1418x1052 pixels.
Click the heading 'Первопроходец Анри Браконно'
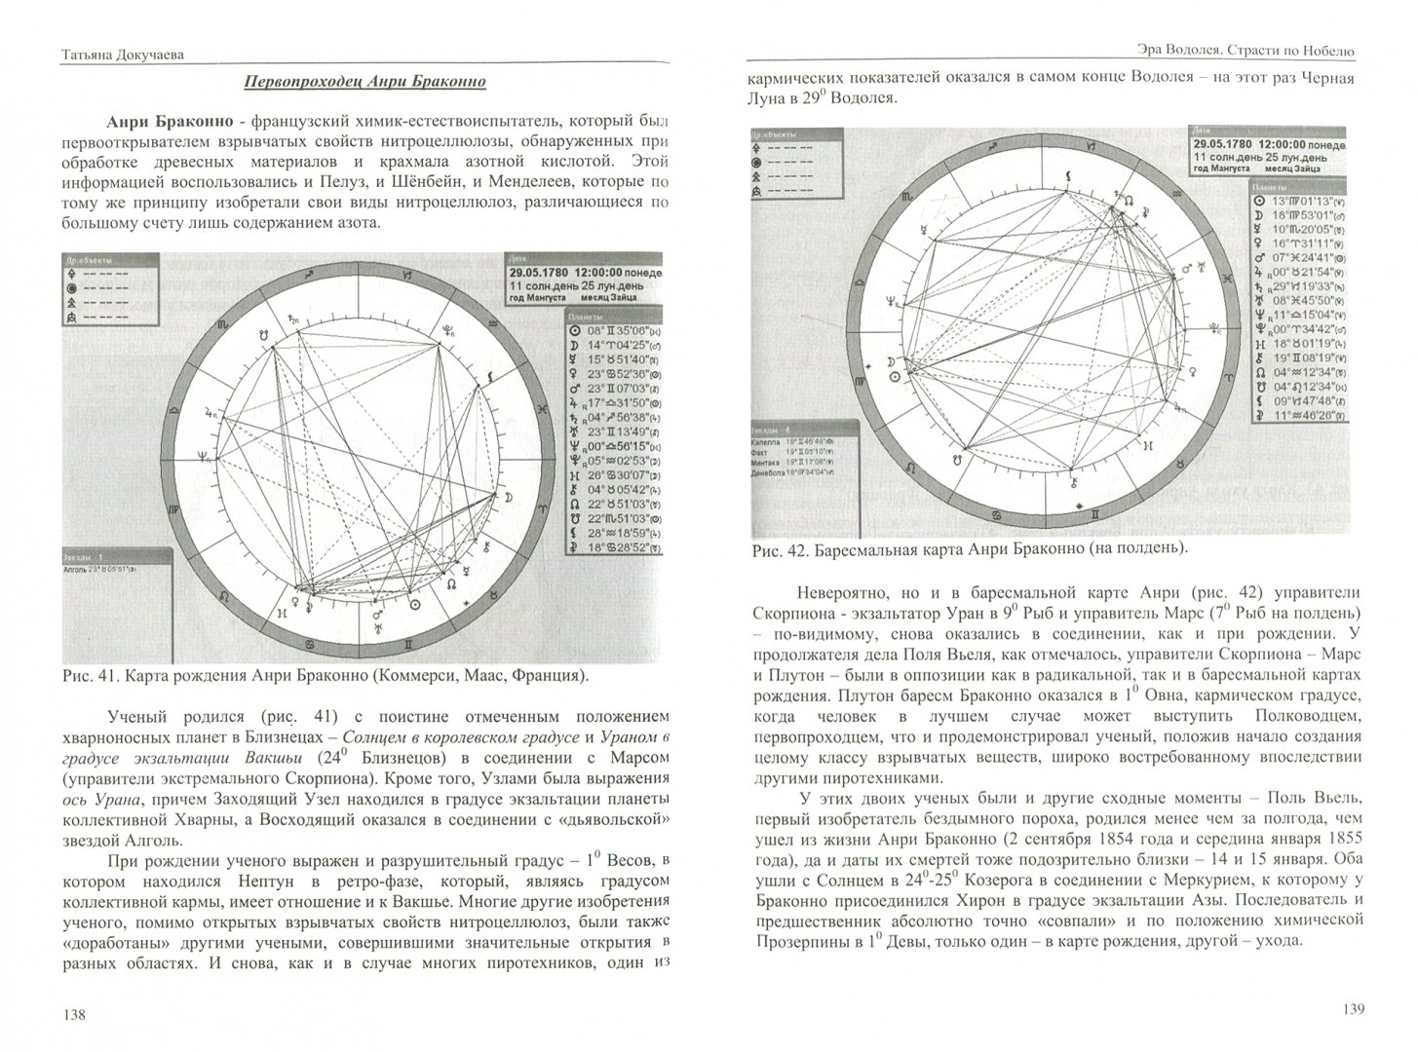click(x=364, y=82)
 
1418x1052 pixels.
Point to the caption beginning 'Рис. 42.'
click(x=971, y=549)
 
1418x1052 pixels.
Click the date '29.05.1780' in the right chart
click(x=1229, y=143)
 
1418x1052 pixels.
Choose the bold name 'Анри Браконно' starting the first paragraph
click(x=172, y=121)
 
